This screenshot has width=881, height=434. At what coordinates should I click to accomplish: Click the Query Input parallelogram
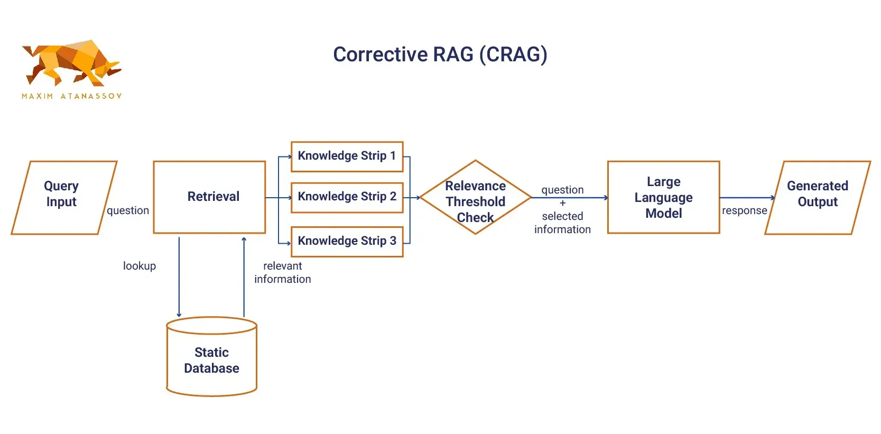click(x=63, y=197)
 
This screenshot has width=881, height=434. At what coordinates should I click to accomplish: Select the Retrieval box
click(x=209, y=197)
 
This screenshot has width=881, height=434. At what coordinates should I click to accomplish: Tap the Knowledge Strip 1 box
click(x=347, y=156)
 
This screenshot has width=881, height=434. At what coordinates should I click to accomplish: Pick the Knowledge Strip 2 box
click(x=347, y=197)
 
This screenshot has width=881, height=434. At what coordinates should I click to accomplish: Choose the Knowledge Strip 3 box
click(x=347, y=241)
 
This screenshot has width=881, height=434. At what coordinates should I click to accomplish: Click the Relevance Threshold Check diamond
click(x=475, y=198)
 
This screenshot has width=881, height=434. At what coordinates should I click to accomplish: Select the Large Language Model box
click(x=663, y=197)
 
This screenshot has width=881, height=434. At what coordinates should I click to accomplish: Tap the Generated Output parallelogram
click(x=817, y=197)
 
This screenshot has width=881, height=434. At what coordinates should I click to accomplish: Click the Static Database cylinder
click(x=211, y=359)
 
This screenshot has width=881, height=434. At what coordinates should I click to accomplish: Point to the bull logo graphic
click(x=71, y=63)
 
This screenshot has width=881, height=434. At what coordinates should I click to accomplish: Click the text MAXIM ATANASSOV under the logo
click(x=71, y=96)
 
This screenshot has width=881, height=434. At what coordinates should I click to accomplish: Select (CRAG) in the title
click(x=513, y=54)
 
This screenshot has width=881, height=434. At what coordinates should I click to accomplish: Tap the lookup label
click(x=140, y=266)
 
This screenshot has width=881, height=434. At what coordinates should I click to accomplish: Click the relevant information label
click(x=282, y=272)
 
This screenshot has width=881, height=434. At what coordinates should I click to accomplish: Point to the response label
click(x=744, y=210)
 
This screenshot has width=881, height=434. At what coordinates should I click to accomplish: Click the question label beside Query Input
click(x=128, y=210)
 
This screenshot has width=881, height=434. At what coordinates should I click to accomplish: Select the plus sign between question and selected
click(x=562, y=203)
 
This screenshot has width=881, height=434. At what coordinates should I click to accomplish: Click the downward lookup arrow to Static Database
click(x=179, y=278)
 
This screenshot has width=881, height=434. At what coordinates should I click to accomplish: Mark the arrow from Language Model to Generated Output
click(x=746, y=198)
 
